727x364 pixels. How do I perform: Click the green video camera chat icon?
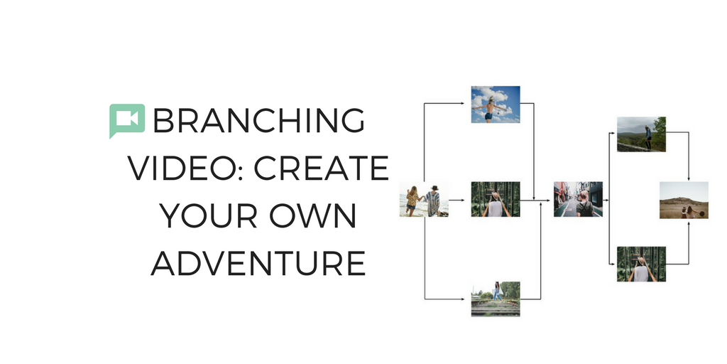point(127,120)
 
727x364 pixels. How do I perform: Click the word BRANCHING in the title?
point(258,120)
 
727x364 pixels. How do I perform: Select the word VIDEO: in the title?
point(187,168)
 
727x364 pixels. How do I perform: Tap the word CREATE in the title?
point(322,168)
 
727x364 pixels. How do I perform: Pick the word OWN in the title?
point(313,215)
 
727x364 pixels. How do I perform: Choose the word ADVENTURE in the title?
point(258,262)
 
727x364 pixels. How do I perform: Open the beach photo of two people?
point(424,199)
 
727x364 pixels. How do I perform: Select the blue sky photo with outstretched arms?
point(495,105)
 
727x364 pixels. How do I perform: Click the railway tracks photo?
point(495,299)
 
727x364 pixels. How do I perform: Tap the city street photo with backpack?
point(578,199)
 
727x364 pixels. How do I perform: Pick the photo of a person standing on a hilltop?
point(641,134)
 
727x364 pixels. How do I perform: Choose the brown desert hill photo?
point(684,200)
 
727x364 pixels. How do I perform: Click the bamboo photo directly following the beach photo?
point(495,199)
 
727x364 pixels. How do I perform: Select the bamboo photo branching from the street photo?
point(641,264)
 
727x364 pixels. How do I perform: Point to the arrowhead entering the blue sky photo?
point(462,103)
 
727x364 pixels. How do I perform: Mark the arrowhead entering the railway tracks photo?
point(462,299)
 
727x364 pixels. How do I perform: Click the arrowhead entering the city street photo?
point(549,200)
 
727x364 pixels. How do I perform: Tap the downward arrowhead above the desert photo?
point(689,178)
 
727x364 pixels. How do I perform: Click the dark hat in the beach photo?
point(434,188)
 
